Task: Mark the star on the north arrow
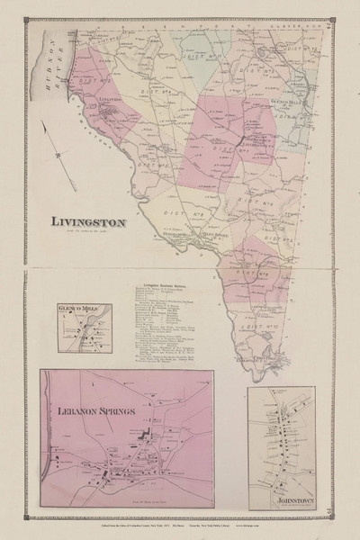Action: click(32, 156)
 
